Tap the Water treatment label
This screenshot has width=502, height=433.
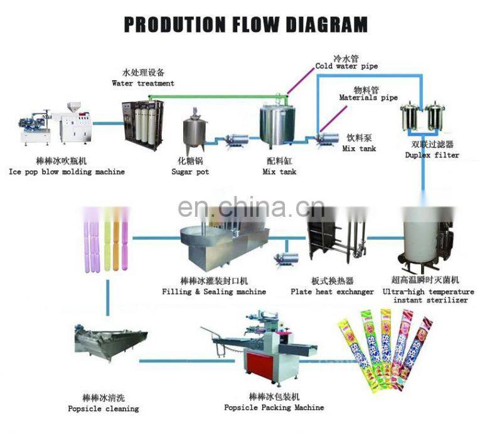(143, 83)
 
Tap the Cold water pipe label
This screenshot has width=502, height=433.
(346, 66)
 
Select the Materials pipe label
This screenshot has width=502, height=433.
(368, 98)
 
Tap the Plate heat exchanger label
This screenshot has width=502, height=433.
(332, 291)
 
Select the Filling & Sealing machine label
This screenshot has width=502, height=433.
(214, 291)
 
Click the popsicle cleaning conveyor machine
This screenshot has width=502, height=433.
(109, 342)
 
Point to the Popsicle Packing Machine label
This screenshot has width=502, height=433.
(274, 407)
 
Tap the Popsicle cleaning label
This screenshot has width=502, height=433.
(103, 409)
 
